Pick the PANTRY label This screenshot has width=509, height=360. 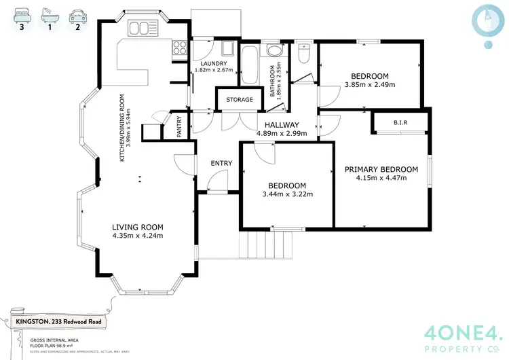tap(179, 127)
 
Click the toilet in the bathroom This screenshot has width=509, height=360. tap(303, 53)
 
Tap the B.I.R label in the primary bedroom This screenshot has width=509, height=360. tap(400, 123)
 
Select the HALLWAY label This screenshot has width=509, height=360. tap(282, 125)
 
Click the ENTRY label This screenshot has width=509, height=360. tap(221, 163)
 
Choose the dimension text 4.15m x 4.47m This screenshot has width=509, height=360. tap(381, 179)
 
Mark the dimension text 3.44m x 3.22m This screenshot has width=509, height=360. tap(286, 194)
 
